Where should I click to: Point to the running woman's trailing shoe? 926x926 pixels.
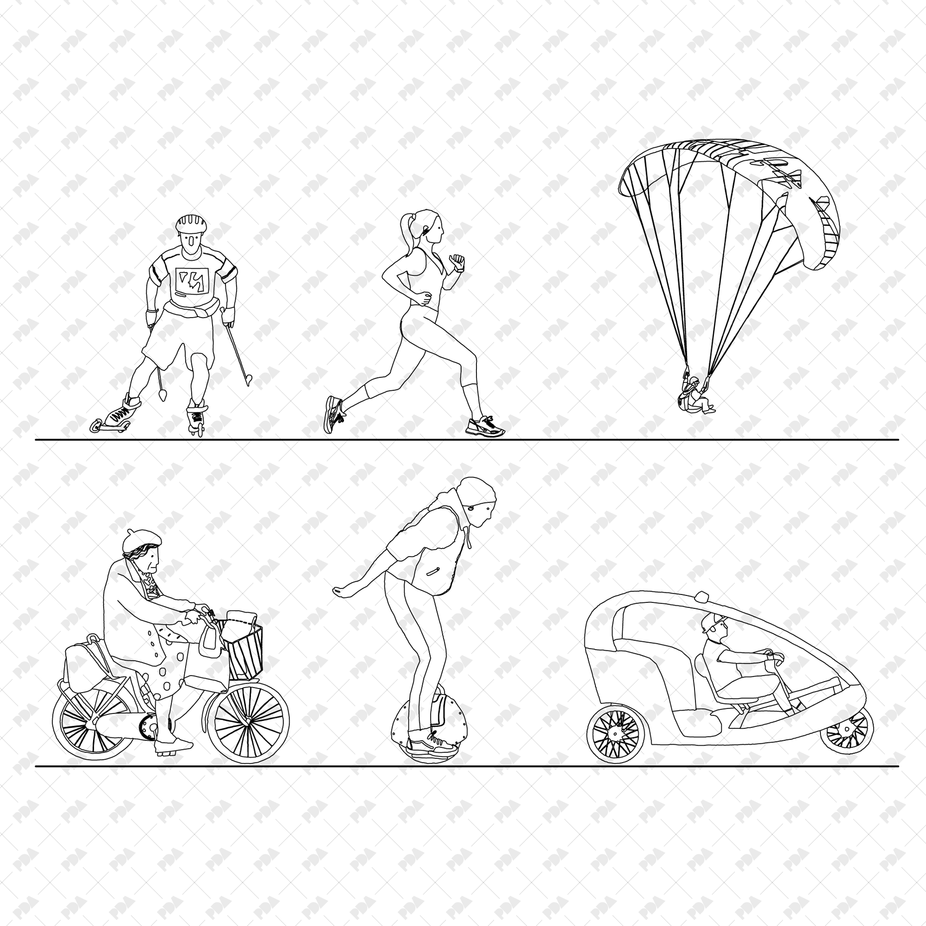[x=334, y=413]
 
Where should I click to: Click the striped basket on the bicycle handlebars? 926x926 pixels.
[x=245, y=652]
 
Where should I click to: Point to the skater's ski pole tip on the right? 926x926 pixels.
[x=248, y=381]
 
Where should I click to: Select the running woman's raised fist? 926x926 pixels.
[x=457, y=261]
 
